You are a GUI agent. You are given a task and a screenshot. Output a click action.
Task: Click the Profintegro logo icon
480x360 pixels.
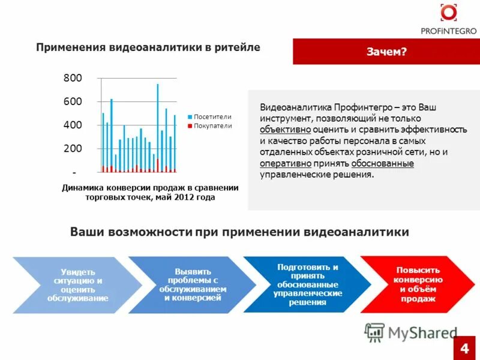tap(448, 13)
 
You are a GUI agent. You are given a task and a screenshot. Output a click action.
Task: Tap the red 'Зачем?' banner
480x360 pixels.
tap(386, 52)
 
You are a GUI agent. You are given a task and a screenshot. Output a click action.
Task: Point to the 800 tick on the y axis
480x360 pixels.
tap(73, 78)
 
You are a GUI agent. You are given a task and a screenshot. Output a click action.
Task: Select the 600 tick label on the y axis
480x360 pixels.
tap(73, 101)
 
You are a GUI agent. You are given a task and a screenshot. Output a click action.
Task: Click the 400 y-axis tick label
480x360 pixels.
tap(73, 125)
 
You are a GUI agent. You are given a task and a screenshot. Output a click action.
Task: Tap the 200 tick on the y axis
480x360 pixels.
tap(73, 148)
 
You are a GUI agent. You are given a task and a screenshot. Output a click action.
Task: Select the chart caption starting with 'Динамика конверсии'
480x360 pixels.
tap(150, 192)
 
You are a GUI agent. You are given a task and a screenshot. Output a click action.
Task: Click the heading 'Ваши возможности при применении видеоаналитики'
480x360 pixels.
tap(239, 232)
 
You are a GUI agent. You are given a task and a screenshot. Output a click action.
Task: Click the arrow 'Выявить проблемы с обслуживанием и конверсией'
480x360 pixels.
tap(192, 285)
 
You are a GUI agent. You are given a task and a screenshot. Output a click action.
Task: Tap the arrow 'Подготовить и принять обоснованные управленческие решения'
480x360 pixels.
tap(307, 284)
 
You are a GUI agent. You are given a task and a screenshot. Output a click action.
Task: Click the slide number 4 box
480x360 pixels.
tap(464, 348)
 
